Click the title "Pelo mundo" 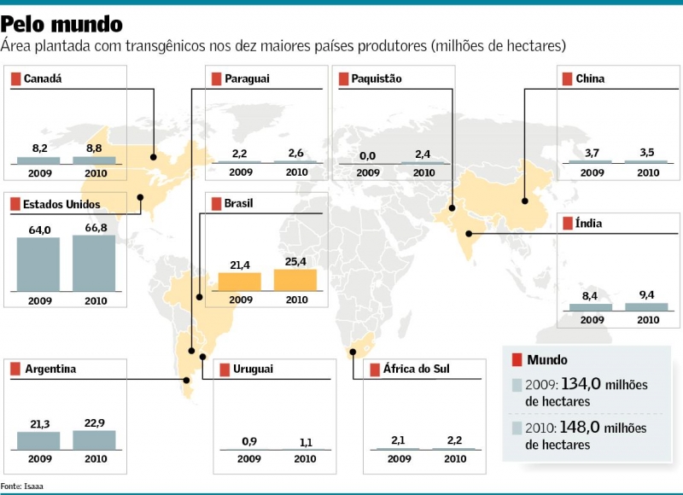tap(61, 23)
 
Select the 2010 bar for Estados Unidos tap(94, 262)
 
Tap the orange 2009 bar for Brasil tap(240, 282)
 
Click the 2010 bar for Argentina tap(94, 440)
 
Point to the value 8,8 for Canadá tap(94, 148)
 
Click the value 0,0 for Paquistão tap(368, 155)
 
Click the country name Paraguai tap(247, 79)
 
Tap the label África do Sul tap(416, 370)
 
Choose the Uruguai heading tap(253, 370)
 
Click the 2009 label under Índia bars tap(593, 320)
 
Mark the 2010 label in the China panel tap(648, 172)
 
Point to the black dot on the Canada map tap(154, 156)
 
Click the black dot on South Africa tap(353, 351)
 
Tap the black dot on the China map tap(525, 201)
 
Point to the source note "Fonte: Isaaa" tap(22, 486)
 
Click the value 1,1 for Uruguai tap(305, 441)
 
